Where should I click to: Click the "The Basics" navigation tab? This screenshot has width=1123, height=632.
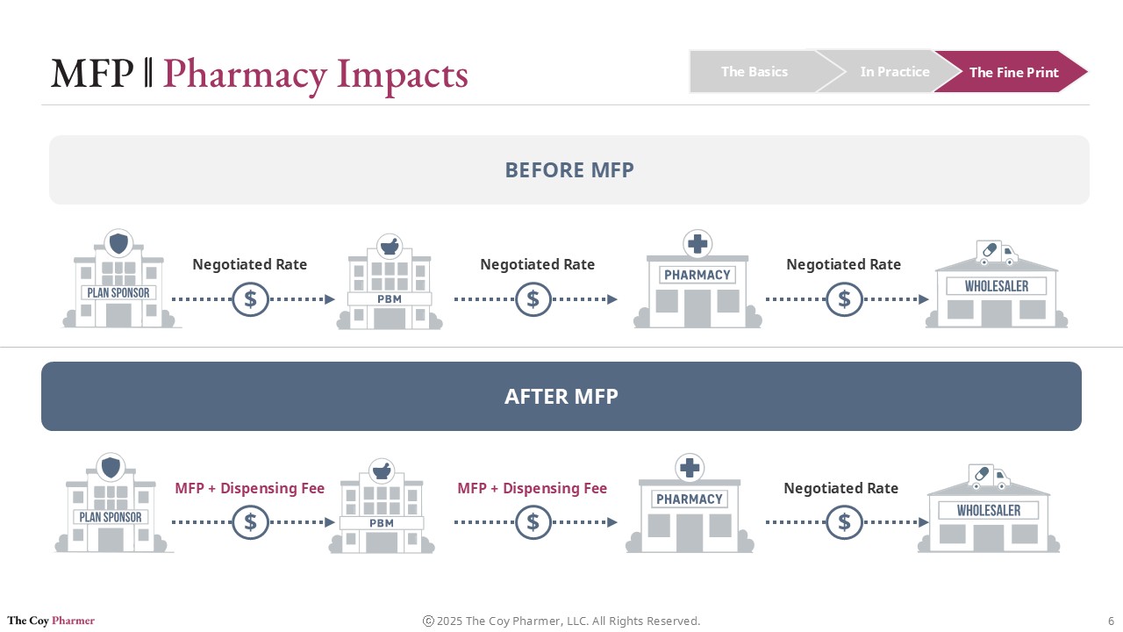754,72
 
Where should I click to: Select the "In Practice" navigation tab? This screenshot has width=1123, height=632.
894,72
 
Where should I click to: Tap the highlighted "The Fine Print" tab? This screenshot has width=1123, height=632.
1013,73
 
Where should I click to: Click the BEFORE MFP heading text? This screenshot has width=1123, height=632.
569,170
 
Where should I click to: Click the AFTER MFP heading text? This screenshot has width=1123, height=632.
561,397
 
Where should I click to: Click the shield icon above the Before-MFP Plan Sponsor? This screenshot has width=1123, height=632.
118,243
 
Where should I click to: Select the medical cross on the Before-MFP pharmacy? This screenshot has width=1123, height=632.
697,244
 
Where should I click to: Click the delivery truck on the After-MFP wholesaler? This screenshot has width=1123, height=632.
989,477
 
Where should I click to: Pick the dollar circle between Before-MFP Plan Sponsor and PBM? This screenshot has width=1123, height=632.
250,299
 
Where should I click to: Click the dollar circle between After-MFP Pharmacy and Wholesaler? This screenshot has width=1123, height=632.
844,523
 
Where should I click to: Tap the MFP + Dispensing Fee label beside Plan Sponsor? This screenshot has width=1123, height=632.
249,488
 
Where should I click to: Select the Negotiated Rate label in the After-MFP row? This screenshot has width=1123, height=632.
840,488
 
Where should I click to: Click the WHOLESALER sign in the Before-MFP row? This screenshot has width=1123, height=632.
996,286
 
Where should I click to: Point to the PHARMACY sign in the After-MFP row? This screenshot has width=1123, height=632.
690,499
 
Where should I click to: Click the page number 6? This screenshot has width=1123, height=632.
1111,621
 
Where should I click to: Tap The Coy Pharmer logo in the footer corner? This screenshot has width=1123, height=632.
51,621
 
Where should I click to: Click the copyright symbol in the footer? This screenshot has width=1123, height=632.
428,621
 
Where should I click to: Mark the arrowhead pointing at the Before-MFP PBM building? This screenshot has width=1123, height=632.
330,299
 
